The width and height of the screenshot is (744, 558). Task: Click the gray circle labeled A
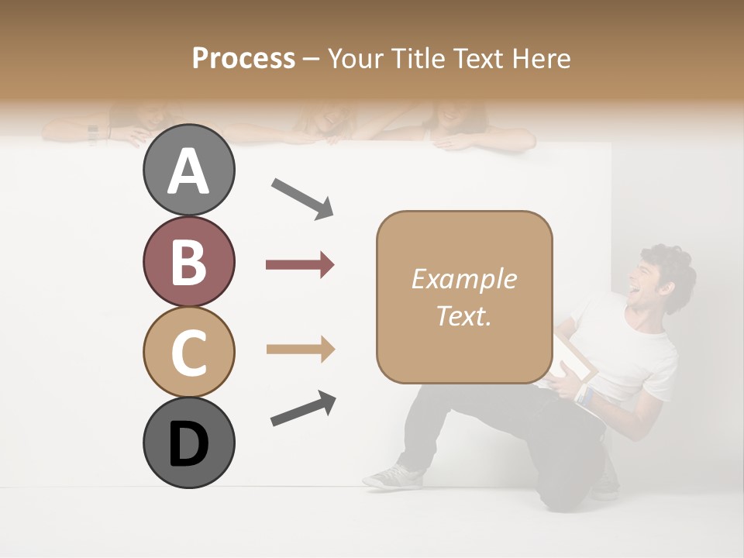click(188, 170)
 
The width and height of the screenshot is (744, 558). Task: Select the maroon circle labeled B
click(188, 262)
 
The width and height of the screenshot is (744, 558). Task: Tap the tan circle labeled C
click(188, 352)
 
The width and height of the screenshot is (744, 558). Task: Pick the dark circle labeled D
click(188, 443)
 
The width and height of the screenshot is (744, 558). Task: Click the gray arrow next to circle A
click(302, 198)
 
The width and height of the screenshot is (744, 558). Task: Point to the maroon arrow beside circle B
click(300, 265)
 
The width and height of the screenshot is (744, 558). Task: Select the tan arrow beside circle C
click(300, 350)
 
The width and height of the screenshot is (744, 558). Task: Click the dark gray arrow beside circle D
click(303, 409)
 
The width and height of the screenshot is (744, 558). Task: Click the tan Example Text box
click(464, 297)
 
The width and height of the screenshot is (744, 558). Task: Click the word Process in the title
click(243, 58)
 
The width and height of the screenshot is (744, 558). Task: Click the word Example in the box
click(463, 279)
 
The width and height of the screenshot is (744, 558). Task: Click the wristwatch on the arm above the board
click(93, 133)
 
